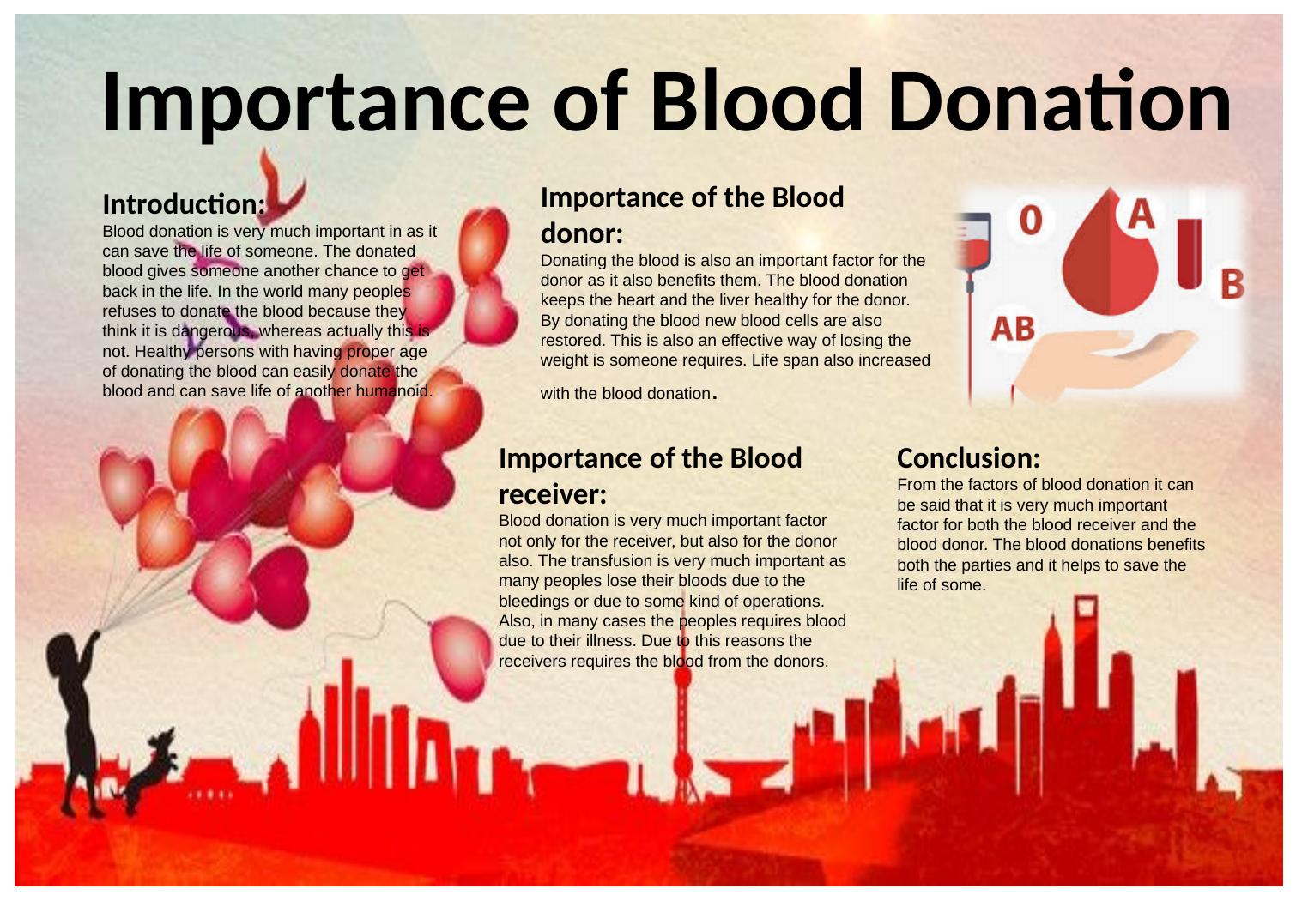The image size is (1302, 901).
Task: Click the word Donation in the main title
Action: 1059,102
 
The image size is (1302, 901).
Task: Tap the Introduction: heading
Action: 184,204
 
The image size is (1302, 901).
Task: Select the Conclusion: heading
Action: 968,458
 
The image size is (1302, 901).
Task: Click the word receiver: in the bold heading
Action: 553,494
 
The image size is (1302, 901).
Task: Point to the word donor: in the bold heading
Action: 582,233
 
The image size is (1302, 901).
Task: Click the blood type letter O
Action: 1031,221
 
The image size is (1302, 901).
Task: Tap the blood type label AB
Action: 1013,329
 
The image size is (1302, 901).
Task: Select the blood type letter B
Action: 1232,284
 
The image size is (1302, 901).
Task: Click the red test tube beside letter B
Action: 1190,253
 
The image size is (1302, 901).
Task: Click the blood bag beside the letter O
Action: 973,241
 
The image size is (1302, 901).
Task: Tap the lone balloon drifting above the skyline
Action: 461,656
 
